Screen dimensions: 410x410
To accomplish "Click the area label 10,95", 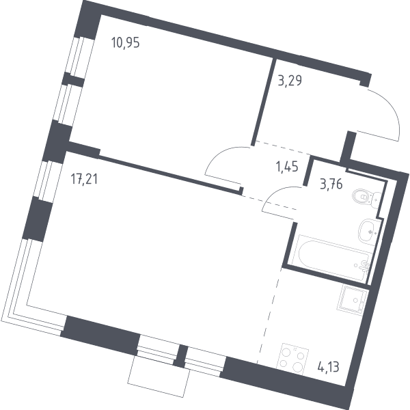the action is (x=126, y=43).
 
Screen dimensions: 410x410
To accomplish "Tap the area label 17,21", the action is (x=84, y=179).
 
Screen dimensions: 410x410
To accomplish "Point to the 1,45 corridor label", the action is (x=287, y=166).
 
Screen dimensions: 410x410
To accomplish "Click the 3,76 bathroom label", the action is (x=331, y=184).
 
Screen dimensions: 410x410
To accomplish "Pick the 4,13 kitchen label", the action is (x=329, y=367).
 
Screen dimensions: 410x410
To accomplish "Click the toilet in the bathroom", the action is (x=367, y=198).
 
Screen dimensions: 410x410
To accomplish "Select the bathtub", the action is (x=331, y=258).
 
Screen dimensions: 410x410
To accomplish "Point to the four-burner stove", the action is (x=292, y=359).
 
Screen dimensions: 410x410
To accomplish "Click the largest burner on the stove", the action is (x=298, y=367).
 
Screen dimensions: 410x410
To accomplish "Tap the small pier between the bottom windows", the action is (x=180, y=356).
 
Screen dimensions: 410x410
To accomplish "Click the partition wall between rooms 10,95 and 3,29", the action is (x=264, y=101).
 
